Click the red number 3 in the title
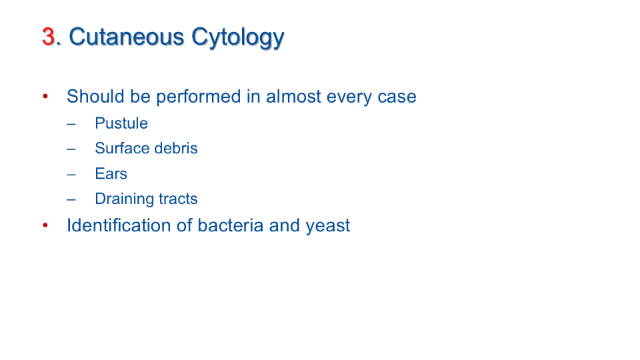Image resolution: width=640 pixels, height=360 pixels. point(49,37)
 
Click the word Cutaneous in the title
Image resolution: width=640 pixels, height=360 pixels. point(127,37)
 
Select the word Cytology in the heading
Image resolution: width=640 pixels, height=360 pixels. point(237,38)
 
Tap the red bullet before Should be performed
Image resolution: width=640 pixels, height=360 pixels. point(45,96)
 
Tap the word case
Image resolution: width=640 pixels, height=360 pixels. point(397,97)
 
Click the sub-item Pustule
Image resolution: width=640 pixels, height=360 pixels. point(121,123)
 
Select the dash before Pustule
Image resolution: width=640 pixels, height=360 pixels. point(71,124)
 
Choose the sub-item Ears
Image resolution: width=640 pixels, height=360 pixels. point(111,174)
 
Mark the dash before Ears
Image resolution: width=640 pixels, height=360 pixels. point(71,175)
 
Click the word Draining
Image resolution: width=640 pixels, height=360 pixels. point(124,199)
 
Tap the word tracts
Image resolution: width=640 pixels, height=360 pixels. point(178,199)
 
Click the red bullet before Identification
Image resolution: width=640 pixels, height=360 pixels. point(45,225)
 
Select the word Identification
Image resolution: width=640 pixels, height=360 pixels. point(119,225)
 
